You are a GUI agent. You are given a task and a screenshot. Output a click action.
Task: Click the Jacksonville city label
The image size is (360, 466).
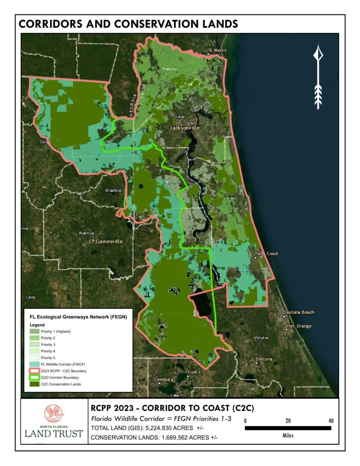(184, 128)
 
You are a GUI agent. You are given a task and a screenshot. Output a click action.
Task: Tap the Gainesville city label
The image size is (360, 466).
(109, 242)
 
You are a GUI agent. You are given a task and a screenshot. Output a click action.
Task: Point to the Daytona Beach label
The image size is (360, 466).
(299, 313)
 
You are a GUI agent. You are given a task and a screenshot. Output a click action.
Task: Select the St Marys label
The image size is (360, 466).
(217, 50)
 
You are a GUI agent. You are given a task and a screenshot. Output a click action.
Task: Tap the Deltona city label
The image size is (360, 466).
(264, 359)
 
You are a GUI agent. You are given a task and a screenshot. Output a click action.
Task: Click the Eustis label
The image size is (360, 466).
(194, 372)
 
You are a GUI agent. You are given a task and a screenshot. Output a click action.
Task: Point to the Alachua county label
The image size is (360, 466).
(86, 233)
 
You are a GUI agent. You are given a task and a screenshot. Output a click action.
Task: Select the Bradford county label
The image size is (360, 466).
(113, 190)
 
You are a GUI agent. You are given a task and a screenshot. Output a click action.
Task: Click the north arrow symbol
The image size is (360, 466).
(318, 77)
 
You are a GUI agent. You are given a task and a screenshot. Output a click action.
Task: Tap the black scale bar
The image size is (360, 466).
(288, 428)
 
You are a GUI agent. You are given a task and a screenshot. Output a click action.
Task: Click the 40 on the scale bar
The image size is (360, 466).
(330, 420)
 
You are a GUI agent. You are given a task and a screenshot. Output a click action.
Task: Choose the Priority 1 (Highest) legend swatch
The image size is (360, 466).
(35, 332)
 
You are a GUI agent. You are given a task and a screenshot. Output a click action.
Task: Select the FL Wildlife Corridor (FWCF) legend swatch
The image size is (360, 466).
(35, 365)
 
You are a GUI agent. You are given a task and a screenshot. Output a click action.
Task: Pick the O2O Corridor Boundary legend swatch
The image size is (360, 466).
(35, 378)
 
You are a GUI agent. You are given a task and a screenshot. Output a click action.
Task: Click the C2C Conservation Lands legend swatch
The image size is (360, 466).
(35, 384)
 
